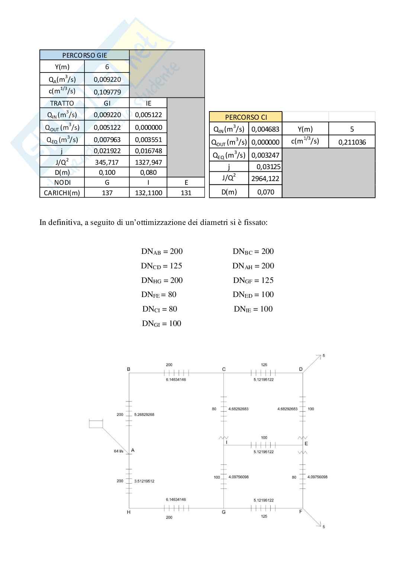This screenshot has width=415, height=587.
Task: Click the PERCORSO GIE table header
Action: point(84,55)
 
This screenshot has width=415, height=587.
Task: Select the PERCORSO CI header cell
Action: point(246,117)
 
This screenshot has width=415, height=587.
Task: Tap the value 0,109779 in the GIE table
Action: point(107,92)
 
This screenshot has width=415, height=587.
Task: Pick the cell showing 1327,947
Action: point(148,162)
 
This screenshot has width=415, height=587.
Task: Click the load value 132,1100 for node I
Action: point(148,193)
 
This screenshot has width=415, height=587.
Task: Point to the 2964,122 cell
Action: point(265,178)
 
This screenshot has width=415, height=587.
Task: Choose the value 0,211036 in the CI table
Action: point(352,142)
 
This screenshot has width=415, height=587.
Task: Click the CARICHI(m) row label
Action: point(62,193)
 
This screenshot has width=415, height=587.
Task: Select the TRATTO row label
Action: point(62,103)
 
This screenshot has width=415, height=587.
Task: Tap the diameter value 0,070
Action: point(266,192)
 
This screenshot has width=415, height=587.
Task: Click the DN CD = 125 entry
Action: point(161,266)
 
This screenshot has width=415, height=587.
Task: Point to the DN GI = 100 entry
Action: point(161,323)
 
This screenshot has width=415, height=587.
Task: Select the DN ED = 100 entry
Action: point(253,294)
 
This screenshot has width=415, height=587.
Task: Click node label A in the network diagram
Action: point(133,450)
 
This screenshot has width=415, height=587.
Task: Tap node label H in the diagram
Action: point(129,512)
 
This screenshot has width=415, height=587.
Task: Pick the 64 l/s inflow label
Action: point(119,451)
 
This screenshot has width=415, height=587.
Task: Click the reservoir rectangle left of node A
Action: point(96,423)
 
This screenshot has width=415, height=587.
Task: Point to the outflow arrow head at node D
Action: point(319,357)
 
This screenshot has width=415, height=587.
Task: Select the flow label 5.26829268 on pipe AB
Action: point(144,415)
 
